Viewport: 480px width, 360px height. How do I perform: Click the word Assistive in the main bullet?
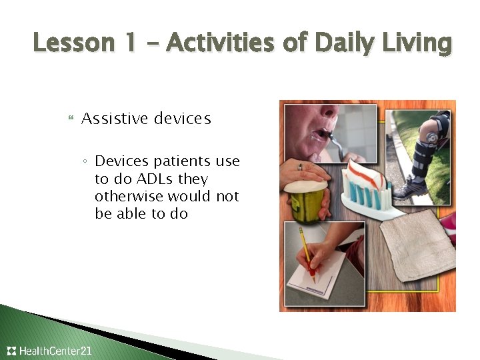115,119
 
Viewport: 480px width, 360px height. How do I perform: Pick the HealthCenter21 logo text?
55,351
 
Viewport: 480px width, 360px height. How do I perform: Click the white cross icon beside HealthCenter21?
11,351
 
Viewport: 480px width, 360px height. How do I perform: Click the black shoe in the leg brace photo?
408,190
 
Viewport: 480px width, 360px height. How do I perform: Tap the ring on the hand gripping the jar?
301,167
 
